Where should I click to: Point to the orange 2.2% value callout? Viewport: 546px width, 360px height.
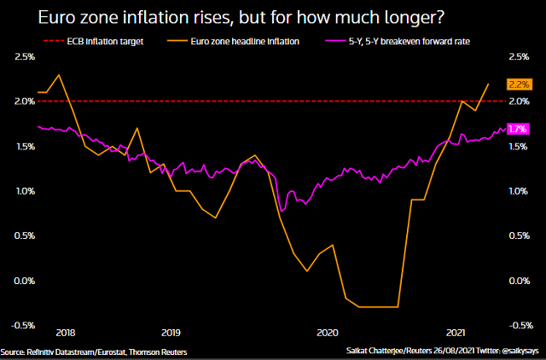(x=519, y=84)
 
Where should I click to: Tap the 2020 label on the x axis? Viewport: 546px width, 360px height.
(x=328, y=332)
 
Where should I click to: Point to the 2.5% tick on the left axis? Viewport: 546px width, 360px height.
(x=25, y=57)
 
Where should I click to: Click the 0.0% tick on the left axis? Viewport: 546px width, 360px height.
(x=25, y=281)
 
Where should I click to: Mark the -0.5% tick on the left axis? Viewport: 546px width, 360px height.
(x=24, y=325)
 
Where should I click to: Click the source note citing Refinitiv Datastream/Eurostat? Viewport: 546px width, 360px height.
(x=93, y=352)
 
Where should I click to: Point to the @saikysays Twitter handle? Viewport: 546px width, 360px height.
(x=520, y=352)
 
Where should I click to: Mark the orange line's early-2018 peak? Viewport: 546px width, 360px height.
(x=57, y=75)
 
